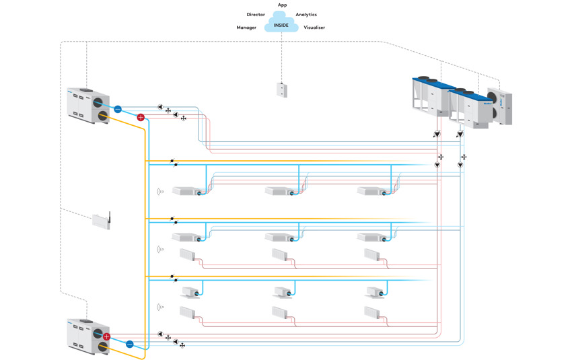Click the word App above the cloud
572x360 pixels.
click(283, 5)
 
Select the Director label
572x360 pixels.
click(256, 14)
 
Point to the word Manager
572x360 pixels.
click(246, 28)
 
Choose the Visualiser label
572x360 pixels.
click(314, 28)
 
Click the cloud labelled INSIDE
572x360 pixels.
click(281, 24)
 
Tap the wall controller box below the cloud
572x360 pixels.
click(282, 89)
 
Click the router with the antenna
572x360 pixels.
click(102, 221)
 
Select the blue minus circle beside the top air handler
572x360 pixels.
click(118, 109)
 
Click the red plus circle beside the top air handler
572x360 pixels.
click(141, 118)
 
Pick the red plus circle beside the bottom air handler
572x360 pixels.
click(106, 336)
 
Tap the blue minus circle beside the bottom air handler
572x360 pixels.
click(130, 345)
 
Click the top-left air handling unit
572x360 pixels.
click(89, 105)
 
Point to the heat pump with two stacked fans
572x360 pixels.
click(500, 105)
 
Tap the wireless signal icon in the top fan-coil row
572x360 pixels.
click(160, 192)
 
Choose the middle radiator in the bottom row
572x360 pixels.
click(280, 313)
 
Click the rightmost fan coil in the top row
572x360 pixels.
click(372, 192)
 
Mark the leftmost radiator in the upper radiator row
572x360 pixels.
click(187, 255)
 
